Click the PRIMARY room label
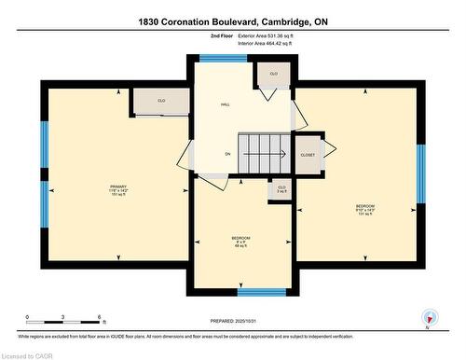[x=116, y=187]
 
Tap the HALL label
[x=225, y=104]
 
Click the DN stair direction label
[x=226, y=154]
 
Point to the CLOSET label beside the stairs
[x=307, y=154]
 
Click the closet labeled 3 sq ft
[x=281, y=189]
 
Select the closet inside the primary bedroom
[x=161, y=101]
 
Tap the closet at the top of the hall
[x=273, y=75]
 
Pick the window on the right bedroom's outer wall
[x=420, y=173]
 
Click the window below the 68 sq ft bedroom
[x=241, y=292]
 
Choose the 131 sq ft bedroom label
[x=364, y=207]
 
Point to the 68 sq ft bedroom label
[x=240, y=241]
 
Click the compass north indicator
[x=428, y=315]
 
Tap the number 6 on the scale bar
[x=98, y=318]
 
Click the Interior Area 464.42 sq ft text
[x=267, y=42]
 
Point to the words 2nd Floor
[x=222, y=35]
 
